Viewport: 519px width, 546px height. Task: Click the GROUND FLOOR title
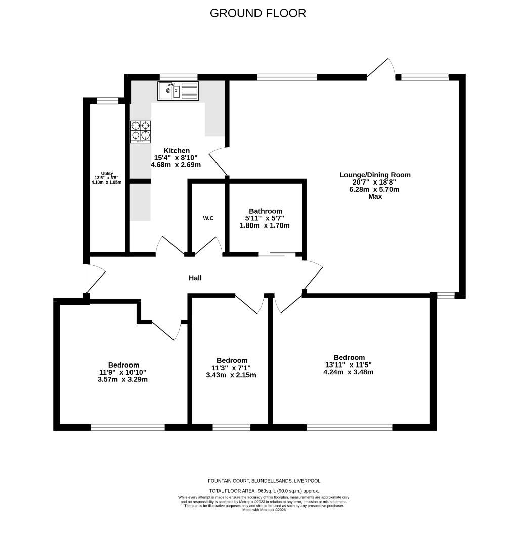pyautogui.click(x=258, y=13)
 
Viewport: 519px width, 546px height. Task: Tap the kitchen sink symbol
pyautogui.click(x=178, y=91)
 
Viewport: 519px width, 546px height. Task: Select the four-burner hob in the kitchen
pyautogui.click(x=141, y=131)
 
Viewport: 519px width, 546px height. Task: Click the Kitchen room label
pyautogui.click(x=177, y=151)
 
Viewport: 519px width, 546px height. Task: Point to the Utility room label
pyautogui.click(x=107, y=173)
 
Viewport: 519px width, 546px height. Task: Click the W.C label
pyautogui.click(x=208, y=218)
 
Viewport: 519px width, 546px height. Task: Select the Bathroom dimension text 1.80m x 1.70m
pyautogui.click(x=265, y=225)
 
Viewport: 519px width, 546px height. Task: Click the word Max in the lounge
pyautogui.click(x=375, y=196)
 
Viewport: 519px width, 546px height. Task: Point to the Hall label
pyautogui.click(x=195, y=278)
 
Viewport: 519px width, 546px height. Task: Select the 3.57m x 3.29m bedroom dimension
pyautogui.click(x=123, y=379)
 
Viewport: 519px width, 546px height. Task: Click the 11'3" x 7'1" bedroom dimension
pyautogui.click(x=232, y=368)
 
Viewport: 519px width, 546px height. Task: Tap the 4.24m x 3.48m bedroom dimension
pyautogui.click(x=349, y=372)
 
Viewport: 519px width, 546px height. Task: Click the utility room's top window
pyautogui.click(x=107, y=101)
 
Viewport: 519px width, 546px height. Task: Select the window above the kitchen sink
pyautogui.click(x=178, y=77)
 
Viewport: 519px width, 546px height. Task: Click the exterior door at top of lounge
pyautogui.click(x=381, y=70)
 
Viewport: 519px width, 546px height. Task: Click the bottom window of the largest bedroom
pyautogui.click(x=350, y=427)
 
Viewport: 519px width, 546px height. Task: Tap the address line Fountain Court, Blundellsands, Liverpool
pyautogui.click(x=264, y=481)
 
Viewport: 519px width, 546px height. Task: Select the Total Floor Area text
pyautogui.click(x=264, y=491)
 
